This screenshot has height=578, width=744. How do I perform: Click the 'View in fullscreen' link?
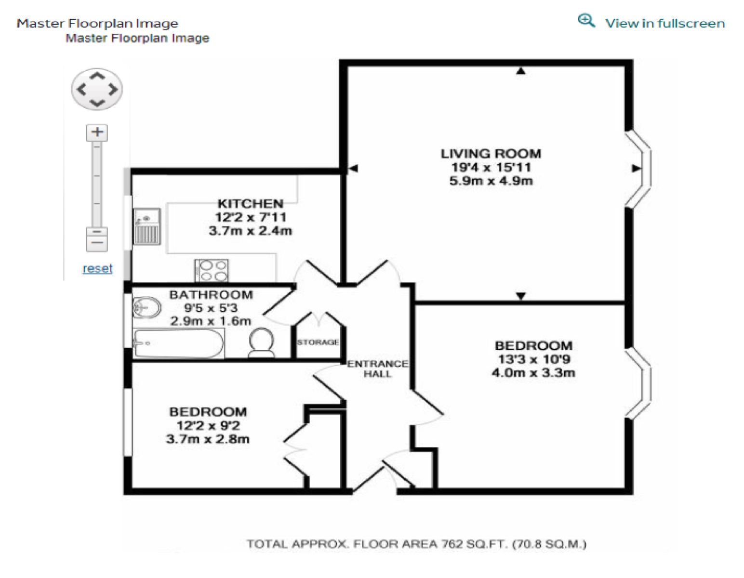(664, 23)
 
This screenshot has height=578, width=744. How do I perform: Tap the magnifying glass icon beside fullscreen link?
(586, 21)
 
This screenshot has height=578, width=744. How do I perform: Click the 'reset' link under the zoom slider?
(97, 268)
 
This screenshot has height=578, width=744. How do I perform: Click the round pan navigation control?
(97, 89)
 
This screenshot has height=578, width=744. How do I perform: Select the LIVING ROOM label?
(491, 154)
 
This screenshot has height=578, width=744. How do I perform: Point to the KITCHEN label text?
(250, 204)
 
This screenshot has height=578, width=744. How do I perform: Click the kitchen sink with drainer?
(146, 226)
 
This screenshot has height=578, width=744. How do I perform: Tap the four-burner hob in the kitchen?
(212, 270)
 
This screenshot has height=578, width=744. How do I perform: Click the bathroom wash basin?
(146, 307)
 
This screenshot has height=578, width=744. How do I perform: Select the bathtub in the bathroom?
(178, 343)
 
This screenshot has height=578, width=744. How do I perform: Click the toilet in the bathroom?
(262, 342)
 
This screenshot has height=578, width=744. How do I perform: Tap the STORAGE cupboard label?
(318, 342)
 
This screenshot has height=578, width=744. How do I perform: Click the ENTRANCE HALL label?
(377, 368)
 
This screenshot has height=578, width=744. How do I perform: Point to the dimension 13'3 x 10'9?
(533, 359)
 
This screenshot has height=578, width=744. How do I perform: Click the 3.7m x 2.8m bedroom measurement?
(208, 439)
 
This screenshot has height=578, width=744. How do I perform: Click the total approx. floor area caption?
(416, 544)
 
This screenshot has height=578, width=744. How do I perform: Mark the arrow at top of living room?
(520, 71)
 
